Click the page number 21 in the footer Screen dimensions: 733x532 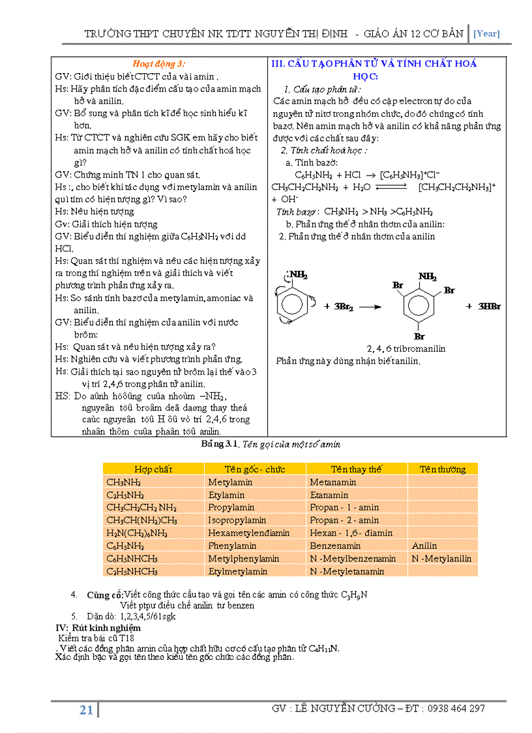pos(86,711)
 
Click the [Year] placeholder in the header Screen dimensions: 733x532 pos(486,34)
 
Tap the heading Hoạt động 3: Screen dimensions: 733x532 pos(158,64)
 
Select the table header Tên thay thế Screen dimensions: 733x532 pos(356,469)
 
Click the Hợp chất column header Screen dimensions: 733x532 pos(153,469)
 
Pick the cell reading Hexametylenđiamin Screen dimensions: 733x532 pos(248,533)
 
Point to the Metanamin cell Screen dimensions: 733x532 pos(332,482)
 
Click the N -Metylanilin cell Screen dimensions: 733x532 pos(441,559)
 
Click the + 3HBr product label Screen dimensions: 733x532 pos(483,306)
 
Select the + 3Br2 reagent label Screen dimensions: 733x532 pos(338,306)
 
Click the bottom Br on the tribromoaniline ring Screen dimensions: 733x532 pos(419,337)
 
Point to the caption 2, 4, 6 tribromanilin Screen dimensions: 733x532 pos(406,349)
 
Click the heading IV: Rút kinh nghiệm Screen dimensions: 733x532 pos(98,627)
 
